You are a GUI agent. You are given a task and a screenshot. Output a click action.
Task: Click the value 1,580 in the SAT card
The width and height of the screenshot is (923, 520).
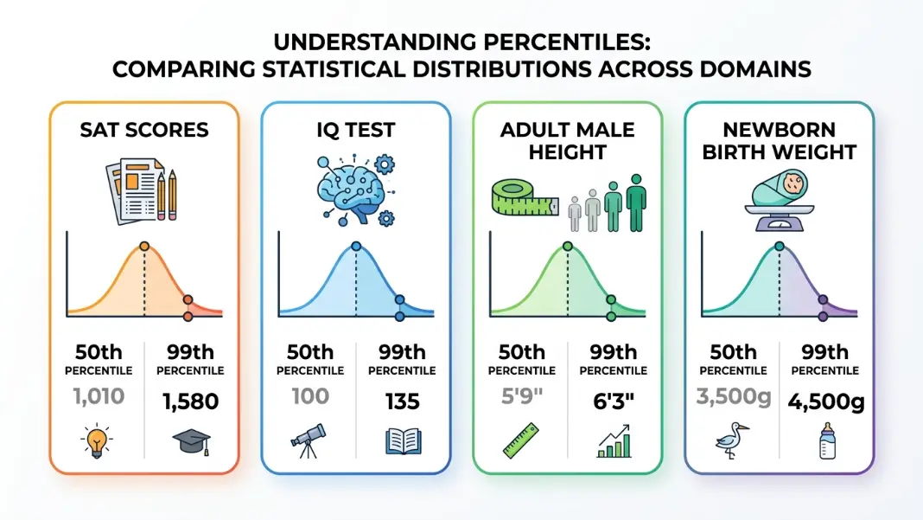pos(191,401)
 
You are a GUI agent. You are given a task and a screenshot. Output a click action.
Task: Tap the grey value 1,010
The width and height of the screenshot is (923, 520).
pos(99,396)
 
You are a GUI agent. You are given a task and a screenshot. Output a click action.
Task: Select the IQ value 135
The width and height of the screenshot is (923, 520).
pos(403,401)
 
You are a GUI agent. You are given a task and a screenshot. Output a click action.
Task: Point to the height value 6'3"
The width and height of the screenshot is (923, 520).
pos(614,401)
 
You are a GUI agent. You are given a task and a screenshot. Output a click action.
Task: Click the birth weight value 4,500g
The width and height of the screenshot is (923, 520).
pos(826,402)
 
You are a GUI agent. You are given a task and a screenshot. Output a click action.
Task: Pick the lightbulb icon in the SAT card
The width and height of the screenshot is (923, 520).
pos(97,440)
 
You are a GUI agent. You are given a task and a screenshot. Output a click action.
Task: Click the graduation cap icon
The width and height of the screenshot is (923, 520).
pos(191,441)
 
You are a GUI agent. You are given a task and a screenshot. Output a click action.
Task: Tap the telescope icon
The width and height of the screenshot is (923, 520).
pos(308,440)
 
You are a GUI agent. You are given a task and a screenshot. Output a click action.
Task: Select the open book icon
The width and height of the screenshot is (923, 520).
pos(404,441)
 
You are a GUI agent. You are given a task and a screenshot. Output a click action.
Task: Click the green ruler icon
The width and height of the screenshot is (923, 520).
pos(520,440)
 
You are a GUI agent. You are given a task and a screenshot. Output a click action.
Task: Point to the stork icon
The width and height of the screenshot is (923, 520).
pos(732,440)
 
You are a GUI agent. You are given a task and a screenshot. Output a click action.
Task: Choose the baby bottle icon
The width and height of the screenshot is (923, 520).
pos(827,440)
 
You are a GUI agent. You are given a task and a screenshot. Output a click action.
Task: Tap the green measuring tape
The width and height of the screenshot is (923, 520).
pos(524,197)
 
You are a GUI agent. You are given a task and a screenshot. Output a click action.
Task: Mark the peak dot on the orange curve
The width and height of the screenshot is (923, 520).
pos(144,247)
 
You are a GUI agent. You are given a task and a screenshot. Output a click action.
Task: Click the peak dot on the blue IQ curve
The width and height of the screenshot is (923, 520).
pos(355,247)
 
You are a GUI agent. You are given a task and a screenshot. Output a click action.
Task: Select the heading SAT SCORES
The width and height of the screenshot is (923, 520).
pos(144,130)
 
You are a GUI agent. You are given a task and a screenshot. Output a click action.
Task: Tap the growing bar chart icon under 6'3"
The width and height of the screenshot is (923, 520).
pos(614,441)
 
